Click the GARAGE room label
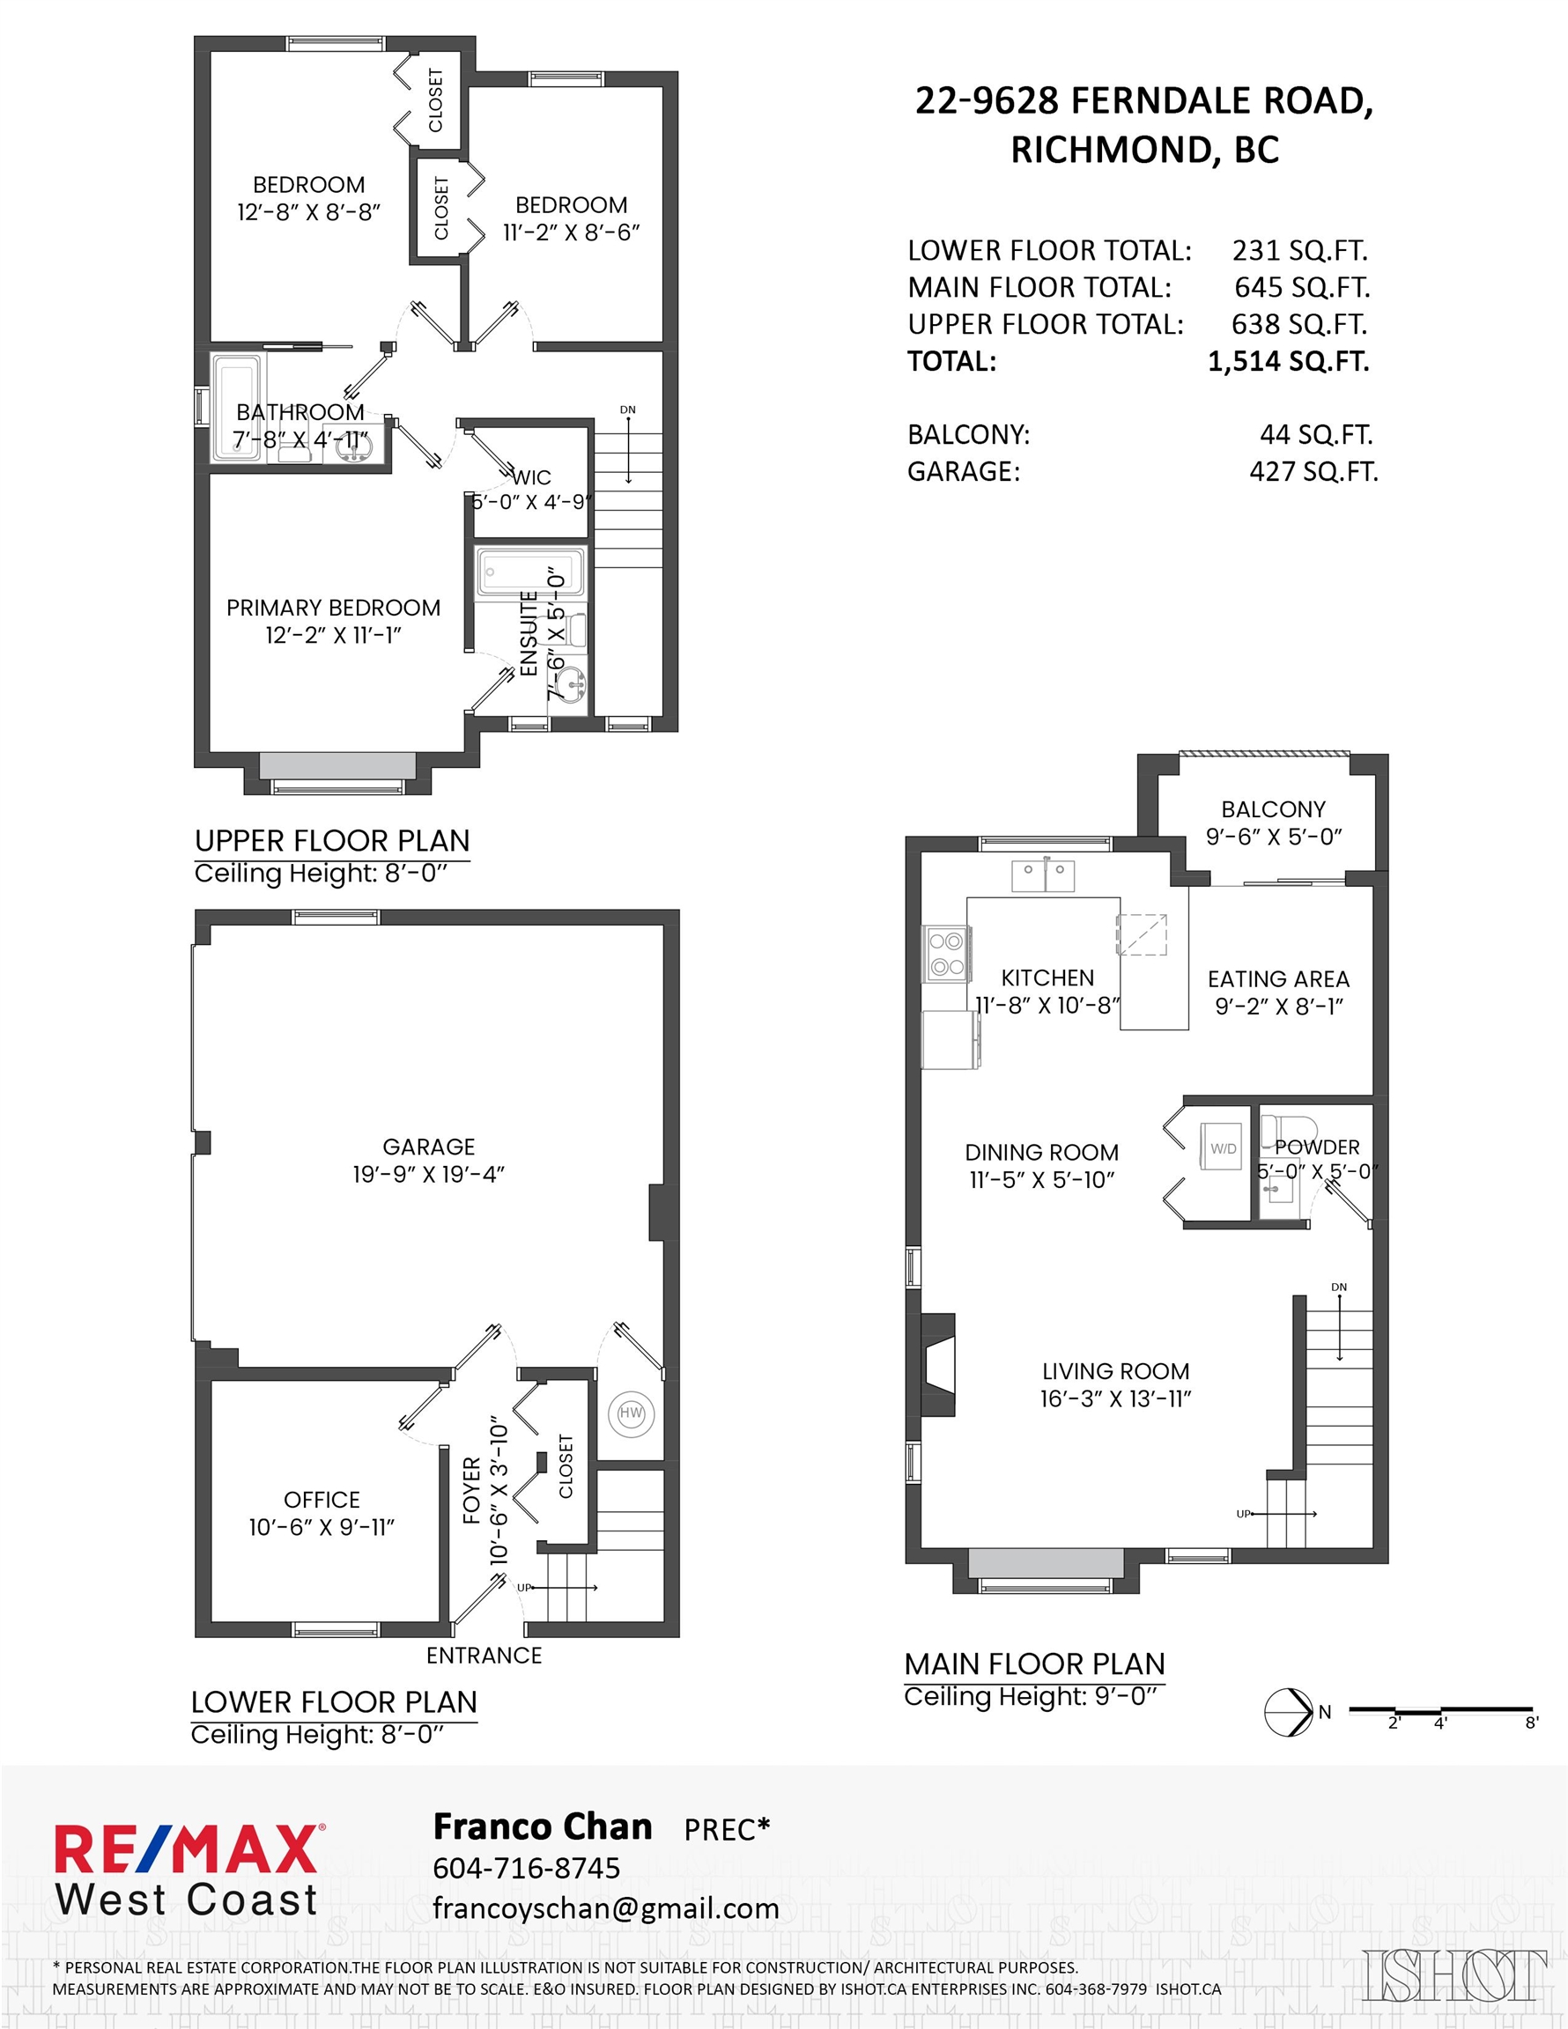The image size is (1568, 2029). coord(428,1147)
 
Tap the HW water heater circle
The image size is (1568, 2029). coord(631,1413)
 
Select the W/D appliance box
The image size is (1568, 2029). coord(1222,1147)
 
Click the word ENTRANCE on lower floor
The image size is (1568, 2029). coord(484,1656)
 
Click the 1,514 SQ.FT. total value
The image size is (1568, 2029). coord(1288,360)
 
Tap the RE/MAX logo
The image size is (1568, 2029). coord(187,1870)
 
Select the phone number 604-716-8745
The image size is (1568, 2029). coord(526,1867)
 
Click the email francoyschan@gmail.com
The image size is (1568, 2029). coord(606,1908)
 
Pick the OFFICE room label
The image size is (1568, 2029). coord(322,1500)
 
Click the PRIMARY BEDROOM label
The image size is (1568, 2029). coord(334,608)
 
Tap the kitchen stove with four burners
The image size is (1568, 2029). coord(946,954)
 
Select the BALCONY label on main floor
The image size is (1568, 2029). coord(1274,809)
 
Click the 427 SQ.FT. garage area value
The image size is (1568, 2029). coord(1313,472)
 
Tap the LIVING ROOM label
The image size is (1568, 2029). coord(1115,1371)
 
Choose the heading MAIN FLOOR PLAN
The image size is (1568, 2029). coord(1034,1664)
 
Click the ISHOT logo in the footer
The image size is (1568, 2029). coord(1454,1976)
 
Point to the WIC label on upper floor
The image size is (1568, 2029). coord(532,477)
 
